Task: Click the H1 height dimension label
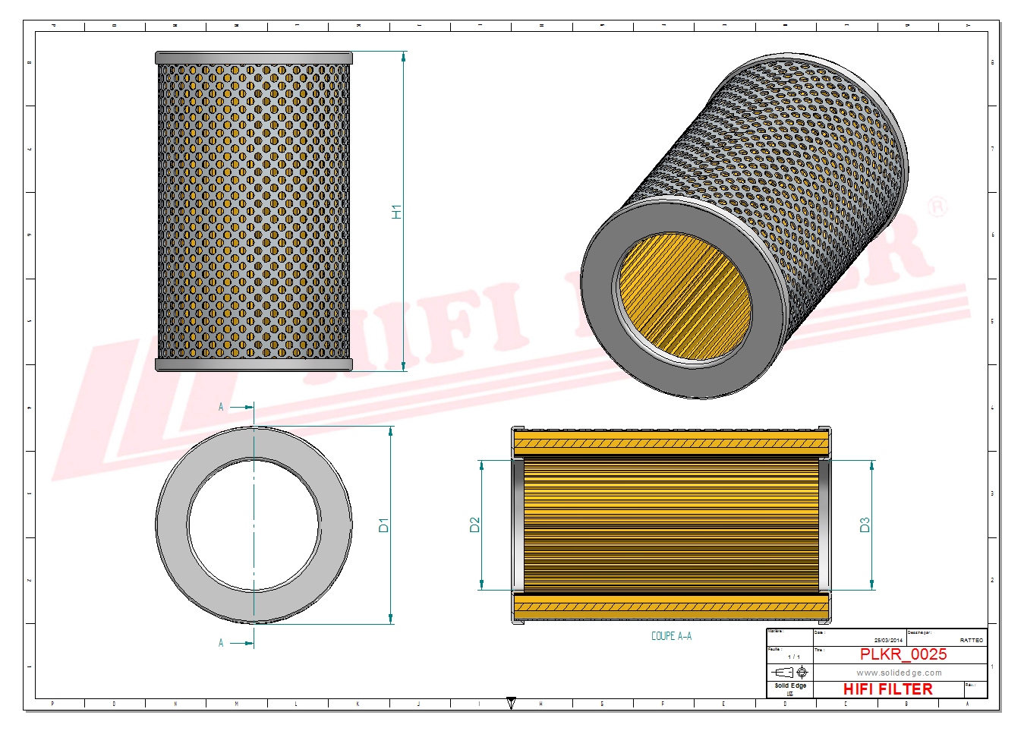pyautogui.click(x=396, y=212)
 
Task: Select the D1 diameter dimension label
pyautogui.click(x=383, y=525)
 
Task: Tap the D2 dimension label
pyautogui.click(x=475, y=525)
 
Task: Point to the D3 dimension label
pyautogui.click(x=865, y=525)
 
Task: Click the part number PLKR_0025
pyautogui.click(x=903, y=654)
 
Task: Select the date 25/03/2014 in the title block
pyautogui.click(x=888, y=641)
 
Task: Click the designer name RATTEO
pyautogui.click(x=971, y=641)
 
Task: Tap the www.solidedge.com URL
pyautogui.click(x=899, y=673)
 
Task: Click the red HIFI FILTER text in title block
pyautogui.click(x=887, y=689)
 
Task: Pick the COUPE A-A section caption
pyautogui.click(x=671, y=636)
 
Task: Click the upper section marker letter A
pyautogui.click(x=221, y=407)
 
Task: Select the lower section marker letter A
pyautogui.click(x=221, y=643)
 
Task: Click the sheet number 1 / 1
pyautogui.click(x=793, y=657)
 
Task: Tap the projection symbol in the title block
pyautogui.click(x=789, y=673)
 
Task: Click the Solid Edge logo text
pyautogui.click(x=790, y=686)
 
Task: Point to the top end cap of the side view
pyautogui.click(x=254, y=58)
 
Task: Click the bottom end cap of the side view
pyautogui.click(x=254, y=365)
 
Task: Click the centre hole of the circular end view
pyautogui.click(x=254, y=525)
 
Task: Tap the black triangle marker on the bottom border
pyautogui.click(x=511, y=704)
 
